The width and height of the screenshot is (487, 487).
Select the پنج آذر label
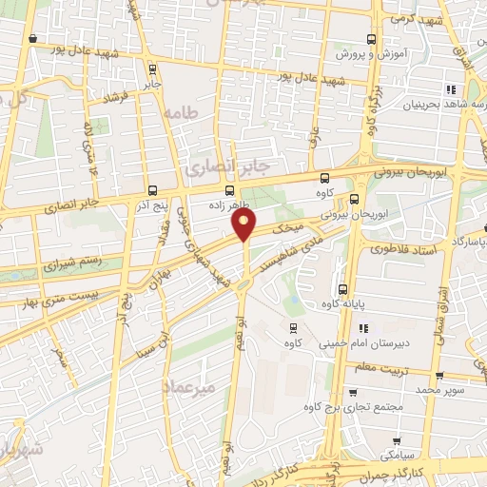click(153, 205)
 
